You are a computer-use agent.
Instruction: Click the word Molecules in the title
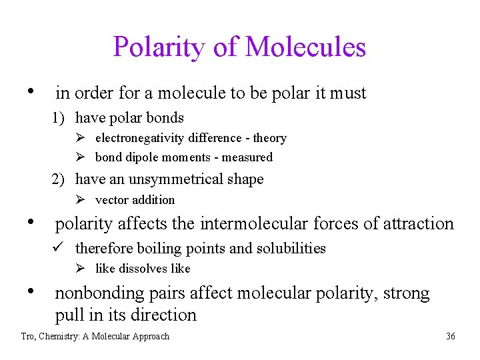tap(305, 47)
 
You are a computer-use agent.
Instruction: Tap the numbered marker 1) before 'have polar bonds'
tap(60, 118)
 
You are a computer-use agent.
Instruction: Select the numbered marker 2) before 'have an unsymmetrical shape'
tap(60, 179)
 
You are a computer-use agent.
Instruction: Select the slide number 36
tap(451, 336)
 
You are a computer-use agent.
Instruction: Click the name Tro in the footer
tap(28, 336)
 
